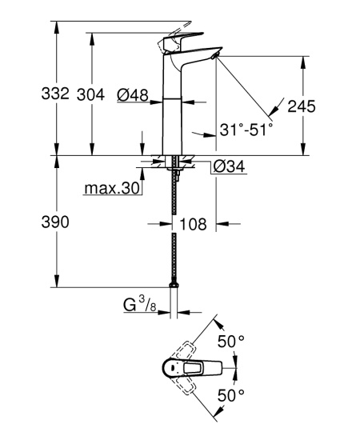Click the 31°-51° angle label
click(x=246, y=126)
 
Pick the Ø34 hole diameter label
click(x=228, y=166)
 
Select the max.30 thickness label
click(x=111, y=188)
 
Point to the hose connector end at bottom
click(x=172, y=284)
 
